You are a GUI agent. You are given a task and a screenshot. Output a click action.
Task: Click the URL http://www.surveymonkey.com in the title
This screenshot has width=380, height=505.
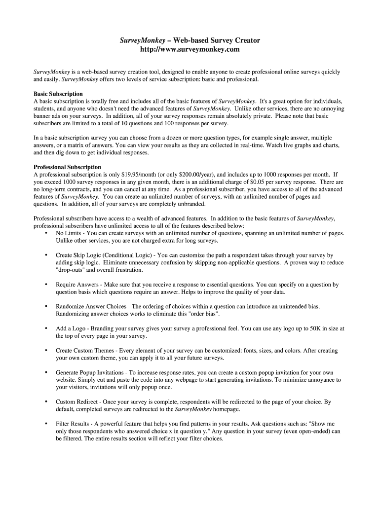[x=190, y=50]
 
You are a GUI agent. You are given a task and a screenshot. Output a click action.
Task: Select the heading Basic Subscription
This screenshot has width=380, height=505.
[x=58, y=94]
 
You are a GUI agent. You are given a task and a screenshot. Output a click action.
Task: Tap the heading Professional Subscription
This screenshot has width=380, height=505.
[x=67, y=167]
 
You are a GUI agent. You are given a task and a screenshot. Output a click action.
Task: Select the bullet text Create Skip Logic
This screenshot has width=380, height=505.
[x=81, y=255]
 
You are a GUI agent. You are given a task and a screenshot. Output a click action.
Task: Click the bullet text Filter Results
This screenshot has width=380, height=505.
[x=73, y=424]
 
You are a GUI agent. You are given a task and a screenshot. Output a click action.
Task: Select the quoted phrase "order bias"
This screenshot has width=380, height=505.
[x=202, y=314]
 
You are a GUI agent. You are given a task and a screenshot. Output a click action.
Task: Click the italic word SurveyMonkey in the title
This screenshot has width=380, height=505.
[x=143, y=40]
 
